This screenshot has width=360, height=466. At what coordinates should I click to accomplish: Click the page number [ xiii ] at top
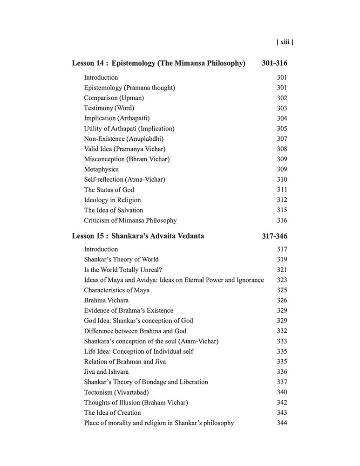284,42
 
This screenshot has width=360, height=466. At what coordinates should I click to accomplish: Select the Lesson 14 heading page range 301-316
274,63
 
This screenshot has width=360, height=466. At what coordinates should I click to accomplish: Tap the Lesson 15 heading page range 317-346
274,236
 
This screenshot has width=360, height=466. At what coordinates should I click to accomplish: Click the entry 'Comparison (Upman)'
114,98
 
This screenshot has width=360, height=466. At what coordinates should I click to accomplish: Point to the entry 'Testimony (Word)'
109,108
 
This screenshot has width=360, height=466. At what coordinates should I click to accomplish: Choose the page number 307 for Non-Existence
282,139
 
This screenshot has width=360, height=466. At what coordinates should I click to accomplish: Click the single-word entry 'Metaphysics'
101,170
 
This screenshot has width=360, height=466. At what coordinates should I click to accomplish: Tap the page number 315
282,210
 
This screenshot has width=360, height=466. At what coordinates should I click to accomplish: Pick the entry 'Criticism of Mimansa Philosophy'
130,220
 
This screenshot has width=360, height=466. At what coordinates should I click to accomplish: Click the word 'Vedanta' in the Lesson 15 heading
191,236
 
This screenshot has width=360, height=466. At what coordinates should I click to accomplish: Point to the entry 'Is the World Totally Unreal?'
123,270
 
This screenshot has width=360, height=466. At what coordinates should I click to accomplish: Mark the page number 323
282,280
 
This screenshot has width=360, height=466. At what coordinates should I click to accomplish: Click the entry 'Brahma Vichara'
106,301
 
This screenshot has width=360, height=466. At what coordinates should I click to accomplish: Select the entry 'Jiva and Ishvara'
106,372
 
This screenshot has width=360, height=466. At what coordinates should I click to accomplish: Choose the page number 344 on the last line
282,423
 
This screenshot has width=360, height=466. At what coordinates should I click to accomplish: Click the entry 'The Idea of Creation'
112,413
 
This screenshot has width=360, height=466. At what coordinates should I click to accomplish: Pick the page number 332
282,331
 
